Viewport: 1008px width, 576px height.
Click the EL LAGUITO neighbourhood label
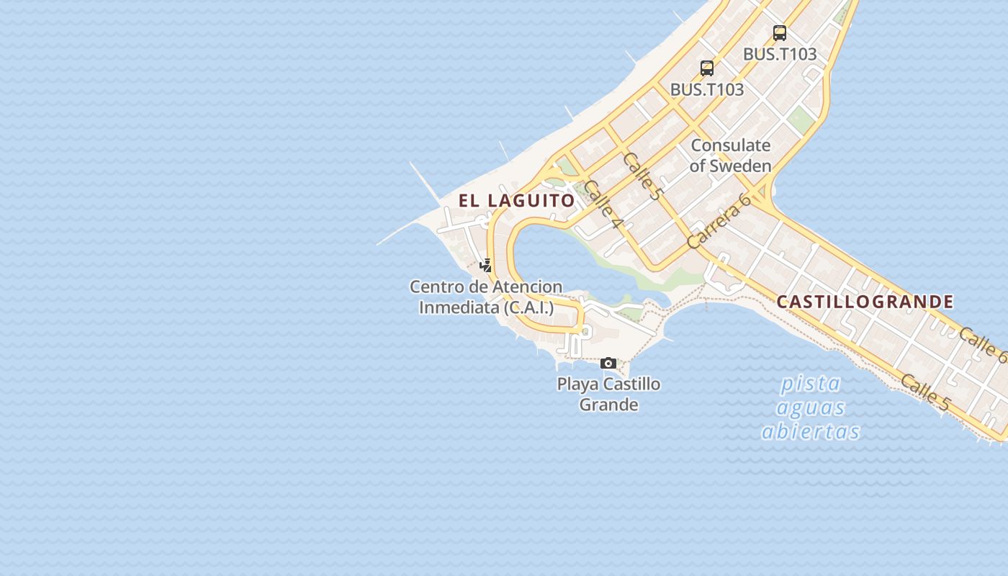pos(517,201)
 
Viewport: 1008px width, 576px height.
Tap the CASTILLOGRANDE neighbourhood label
pos(865,302)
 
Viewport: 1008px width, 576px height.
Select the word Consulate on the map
pos(730,145)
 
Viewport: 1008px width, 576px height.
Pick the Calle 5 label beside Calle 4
pos(642,176)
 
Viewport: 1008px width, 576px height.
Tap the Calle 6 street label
pos(982,344)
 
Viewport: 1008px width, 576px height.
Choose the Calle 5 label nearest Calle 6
pos(924,393)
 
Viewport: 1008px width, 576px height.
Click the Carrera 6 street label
pos(718,222)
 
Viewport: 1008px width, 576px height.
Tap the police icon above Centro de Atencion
pos(486,265)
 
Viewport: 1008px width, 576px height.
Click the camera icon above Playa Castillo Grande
pos(608,363)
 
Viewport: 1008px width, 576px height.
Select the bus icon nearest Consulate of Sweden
pos(707,68)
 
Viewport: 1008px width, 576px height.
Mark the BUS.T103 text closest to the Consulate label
pos(707,90)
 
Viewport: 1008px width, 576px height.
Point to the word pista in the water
pos(811,383)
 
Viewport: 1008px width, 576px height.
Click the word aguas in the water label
pos(811,408)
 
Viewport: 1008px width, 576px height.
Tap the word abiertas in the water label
pos(811,431)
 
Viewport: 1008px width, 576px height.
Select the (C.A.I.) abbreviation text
pos(528,307)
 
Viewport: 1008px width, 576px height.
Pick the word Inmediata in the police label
pos(458,307)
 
